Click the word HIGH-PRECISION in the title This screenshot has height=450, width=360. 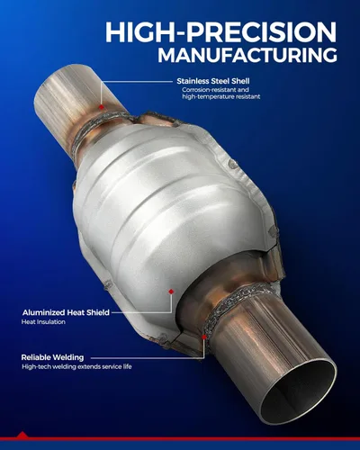[220, 32]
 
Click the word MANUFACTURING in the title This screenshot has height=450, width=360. [247, 55]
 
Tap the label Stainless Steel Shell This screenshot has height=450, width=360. [213, 81]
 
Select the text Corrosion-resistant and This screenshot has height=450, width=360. [215, 90]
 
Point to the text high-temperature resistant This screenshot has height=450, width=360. [221, 96]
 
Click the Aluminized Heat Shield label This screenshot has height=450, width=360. [66, 312]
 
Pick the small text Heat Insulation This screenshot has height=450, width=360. [43, 322]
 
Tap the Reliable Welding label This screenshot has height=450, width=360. [52, 357]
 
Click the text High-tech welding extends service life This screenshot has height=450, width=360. [76, 366]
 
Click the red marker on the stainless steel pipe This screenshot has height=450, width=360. [102, 107]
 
